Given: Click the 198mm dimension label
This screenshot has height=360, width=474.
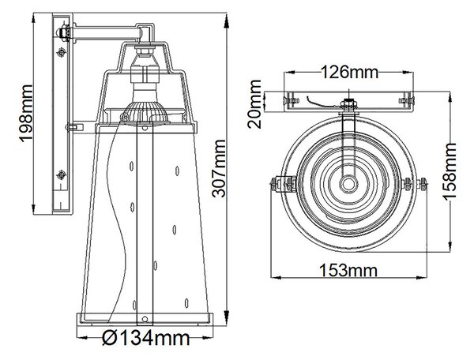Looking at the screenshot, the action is [26, 113].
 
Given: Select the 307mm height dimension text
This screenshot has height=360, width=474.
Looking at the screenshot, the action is [219, 168].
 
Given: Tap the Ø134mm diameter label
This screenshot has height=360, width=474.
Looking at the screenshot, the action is [145, 338].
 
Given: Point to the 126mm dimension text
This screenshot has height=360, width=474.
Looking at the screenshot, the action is [349, 72].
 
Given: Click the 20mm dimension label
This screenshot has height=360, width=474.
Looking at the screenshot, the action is [254, 104].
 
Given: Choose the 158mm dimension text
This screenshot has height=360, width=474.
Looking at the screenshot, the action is [450, 171].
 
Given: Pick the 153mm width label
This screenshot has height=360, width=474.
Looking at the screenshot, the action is [348, 270].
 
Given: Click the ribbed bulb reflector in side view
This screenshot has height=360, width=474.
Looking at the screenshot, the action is [145, 113].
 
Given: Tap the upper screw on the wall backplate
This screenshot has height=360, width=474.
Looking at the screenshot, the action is [61, 52].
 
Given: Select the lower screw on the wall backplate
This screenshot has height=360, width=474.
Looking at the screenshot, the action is [62, 174].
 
